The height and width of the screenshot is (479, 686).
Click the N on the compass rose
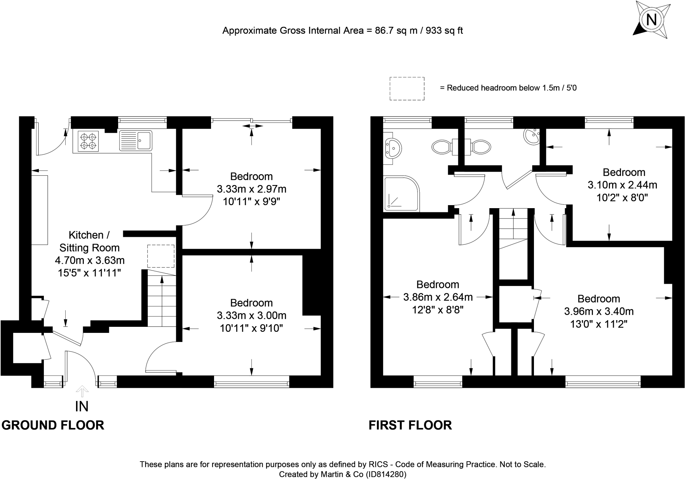[x=651, y=20]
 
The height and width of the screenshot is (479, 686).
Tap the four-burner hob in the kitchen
[x=88, y=141]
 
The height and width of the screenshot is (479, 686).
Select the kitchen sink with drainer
[x=136, y=140]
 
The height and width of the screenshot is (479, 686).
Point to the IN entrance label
[x=82, y=406]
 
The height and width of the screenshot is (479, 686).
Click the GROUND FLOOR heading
[x=53, y=425]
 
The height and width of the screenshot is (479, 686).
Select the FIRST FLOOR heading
[x=410, y=425]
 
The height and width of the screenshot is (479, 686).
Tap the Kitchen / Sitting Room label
[x=89, y=241]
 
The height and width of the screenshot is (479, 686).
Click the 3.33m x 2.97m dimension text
[x=252, y=189]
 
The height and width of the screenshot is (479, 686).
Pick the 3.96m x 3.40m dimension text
[x=599, y=311]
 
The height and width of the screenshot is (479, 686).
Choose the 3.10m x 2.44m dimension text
[x=622, y=185]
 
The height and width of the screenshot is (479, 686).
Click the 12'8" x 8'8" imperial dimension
[x=438, y=310]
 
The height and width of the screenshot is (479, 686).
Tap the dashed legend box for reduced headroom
[x=407, y=88]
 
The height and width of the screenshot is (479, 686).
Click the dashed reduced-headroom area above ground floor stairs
[x=161, y=256]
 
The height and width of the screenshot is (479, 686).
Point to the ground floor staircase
[x=162, y=298]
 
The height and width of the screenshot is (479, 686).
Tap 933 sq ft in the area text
[x=444, y=31]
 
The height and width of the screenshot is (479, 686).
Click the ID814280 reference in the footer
[x=386, y=474]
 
